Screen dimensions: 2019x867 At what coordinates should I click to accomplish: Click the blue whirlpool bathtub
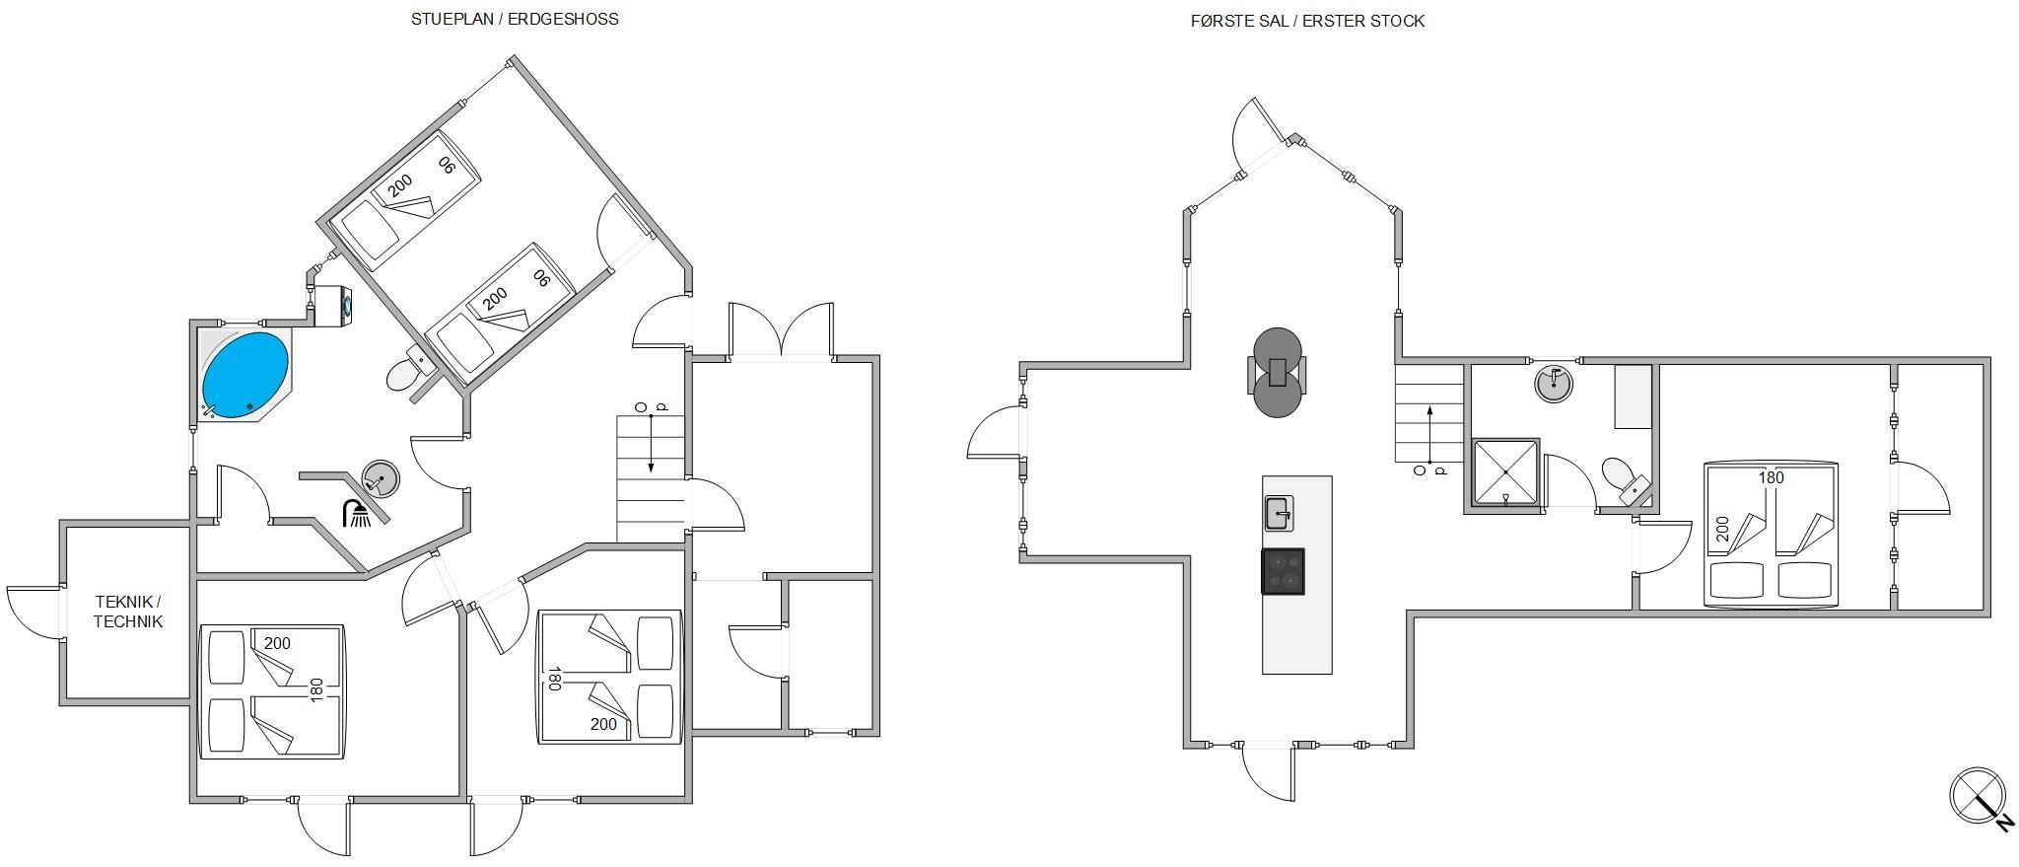pyautogui.click(x=245, y=376)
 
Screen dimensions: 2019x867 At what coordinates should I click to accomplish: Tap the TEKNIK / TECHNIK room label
pyautogui.click(x=128, y=612)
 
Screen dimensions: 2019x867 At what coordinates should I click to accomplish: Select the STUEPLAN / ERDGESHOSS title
pyautogui.click(x=515, y=19)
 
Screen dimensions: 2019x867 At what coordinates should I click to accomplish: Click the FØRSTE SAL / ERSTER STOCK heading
pyautogui.click(x=1307, y=21)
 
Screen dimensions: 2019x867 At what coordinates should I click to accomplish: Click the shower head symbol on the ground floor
pyautogui.click(x=356, y=513)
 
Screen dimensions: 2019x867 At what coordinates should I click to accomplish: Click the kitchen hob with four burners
pyautogui.click(x=1283, y=571)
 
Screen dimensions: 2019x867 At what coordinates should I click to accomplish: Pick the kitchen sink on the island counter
pyautogui.click(x=1279, y=513)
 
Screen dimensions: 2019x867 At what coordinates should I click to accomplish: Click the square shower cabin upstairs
pyautogui.click(x=1505, y=472)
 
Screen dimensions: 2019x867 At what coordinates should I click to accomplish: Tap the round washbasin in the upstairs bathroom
pyautogui.click(x=1555, y=383)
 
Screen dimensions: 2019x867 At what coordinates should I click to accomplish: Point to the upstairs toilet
pyautogui.click(x=1626, y=479)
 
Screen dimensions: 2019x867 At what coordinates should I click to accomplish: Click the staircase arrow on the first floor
pyautogui.click(x=1428, y=434)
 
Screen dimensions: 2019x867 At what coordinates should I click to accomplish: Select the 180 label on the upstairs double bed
pyautogui.click(x=1772, y=477)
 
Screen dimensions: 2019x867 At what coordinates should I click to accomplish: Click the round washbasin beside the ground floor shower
pyautogui.click(x=381, y=479)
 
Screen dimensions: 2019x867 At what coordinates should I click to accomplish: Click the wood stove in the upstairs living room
pyautogui.click(x=1278, y=372)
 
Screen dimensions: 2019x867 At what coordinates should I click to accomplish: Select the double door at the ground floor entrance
pyautogui.click(x=782, y=330)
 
